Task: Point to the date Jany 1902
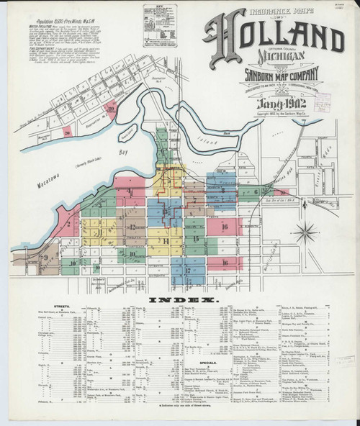(275, 109)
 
